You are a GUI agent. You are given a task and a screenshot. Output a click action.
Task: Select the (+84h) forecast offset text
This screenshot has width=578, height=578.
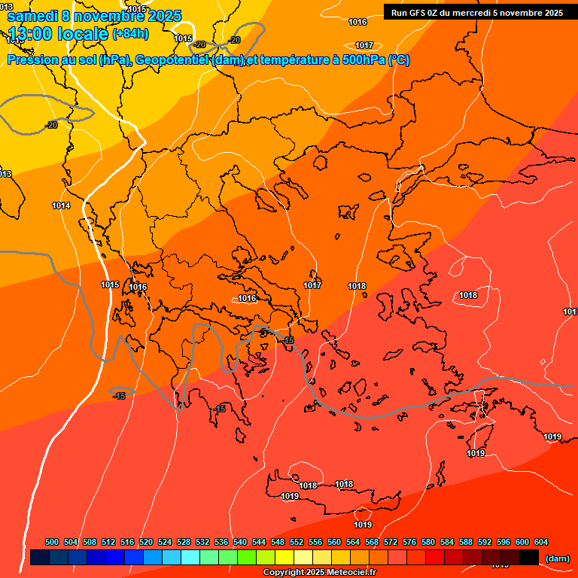(130, 34)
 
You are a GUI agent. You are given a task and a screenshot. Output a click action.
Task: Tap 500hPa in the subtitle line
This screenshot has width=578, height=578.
(364, 60)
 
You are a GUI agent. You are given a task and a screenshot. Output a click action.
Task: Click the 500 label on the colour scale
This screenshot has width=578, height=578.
(52, 542)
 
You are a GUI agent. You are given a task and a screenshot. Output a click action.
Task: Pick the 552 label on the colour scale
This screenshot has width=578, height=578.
(297, 542)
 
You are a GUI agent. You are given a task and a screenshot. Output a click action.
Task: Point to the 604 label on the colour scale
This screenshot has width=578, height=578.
(541, 542)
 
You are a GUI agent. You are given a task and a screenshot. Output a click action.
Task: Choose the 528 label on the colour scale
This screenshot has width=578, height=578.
(184, 542)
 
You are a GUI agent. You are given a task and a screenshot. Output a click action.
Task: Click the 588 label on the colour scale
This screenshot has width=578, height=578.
(466, 542)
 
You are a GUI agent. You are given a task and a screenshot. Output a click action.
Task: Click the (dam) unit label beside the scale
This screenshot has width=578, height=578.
(557, 558)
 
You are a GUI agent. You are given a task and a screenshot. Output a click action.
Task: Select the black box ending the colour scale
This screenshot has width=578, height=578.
(529, 558)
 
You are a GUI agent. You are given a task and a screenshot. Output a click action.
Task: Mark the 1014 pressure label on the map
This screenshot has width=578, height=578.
(62, 205)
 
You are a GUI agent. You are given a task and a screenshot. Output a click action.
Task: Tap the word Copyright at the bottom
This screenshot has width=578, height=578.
(284, 573)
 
